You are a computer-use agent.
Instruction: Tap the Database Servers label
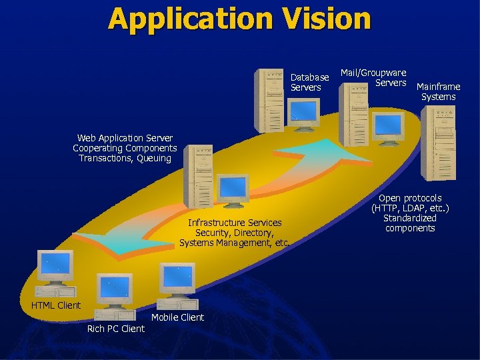pos(309,83)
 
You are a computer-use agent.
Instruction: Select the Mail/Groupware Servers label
pos(373,78)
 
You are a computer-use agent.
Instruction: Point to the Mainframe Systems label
pos(438,92)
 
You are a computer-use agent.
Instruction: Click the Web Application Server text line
pos(125,138)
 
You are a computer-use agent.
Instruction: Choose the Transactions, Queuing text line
pos(125,159)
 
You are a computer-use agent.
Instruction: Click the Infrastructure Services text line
pos(235,223)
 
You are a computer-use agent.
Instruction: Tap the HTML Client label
pos(56,305)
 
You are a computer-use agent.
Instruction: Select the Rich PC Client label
pos(115,329)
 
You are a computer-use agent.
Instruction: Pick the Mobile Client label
pos(177,317)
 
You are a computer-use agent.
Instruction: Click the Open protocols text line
pos(410,198)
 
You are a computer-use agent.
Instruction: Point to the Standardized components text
pos(410,223)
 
